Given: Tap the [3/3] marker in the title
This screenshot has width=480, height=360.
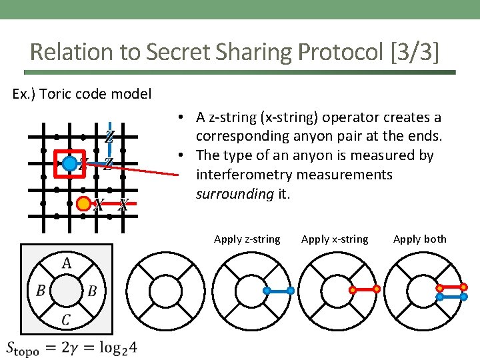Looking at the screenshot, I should [x=415, y=51].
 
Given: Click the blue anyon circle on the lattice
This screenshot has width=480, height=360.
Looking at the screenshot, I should [x=69, y=163].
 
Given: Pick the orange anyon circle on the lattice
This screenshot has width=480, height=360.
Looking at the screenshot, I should [x=84, y=203].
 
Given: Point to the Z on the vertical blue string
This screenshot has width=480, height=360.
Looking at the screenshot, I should [x=109, y=137].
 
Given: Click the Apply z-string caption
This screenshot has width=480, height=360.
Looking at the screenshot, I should [x=247, y=239].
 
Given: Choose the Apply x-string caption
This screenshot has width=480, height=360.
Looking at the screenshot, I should [x=335, y=239].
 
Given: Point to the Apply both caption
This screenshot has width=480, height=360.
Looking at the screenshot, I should [x=420, y=239].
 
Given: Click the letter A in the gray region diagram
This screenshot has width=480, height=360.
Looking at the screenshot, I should [x=67, y=263].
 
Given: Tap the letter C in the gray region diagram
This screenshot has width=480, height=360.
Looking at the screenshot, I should [x=66, y=320].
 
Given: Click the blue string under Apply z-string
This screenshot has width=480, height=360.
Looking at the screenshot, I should [x=279, y=291].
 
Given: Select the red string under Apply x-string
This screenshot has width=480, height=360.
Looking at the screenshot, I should [x=365, y=290].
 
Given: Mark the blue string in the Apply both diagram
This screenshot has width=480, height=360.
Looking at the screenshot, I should [x=451, y=297].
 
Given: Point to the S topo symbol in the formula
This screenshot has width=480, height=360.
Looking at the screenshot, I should [x=22, y=348].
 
